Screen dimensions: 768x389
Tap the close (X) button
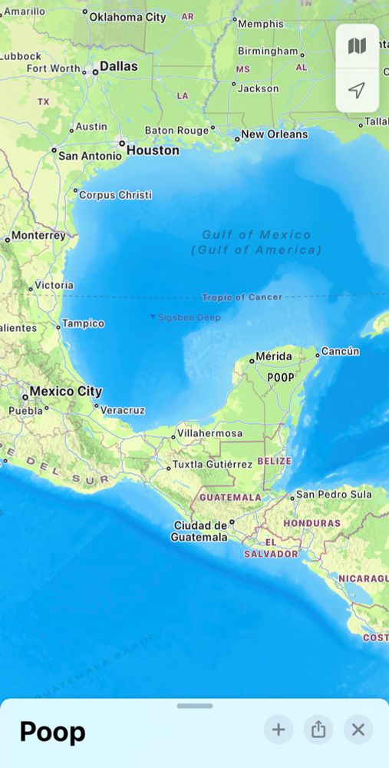(x=358, y=730)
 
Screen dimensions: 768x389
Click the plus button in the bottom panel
(x=279, y=730)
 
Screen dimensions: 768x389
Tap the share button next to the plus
(x=318, y=730)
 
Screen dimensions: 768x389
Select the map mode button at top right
(x=357, y=46)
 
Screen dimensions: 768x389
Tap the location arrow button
(x=357, y=91)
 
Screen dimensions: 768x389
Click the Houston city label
(x=153, y=151)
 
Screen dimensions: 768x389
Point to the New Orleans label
(x=274, y=134)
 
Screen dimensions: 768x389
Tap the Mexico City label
(x=65, y=392)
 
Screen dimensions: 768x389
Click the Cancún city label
(x=340, y=351)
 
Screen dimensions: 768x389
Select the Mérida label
(x=274, y=357)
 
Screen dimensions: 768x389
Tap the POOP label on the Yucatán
(x=281, y=377)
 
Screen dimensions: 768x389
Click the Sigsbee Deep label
(x=189, y=317)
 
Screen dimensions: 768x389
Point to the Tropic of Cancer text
(x=242, y=297)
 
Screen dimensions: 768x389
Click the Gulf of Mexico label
(x=256, y=235)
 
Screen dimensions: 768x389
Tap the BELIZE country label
(x=275, y=461)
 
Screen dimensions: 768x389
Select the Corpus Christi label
(x=115, y=195)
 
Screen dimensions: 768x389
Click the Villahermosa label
(x=209, y=434)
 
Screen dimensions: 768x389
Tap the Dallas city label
(x=119, y=67)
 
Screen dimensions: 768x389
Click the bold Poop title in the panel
(x=52, y=732)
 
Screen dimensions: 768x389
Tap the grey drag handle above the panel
(x=195, y=706)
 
